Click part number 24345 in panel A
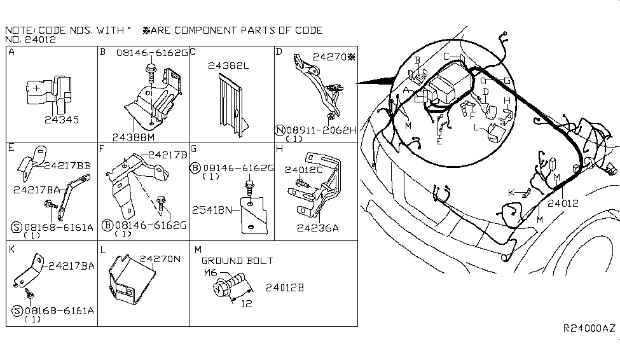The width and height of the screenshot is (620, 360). tap(62, 119)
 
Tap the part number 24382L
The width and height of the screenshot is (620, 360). tap(228, 65)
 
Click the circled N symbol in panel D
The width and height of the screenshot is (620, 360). tap(279, 130)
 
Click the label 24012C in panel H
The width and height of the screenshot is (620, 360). tap(305, 170)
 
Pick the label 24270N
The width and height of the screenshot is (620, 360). tap(160, 259)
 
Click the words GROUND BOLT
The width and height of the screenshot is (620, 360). tap(237, 261)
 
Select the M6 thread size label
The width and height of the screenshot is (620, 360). tap(211, 273)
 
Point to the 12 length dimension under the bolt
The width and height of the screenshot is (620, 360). tap(246, 304)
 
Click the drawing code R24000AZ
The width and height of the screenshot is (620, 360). tap(589, 328)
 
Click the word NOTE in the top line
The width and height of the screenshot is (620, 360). tap(18, 30)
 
